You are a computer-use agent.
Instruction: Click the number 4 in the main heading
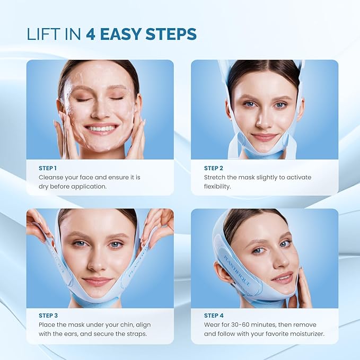tap(90, 34)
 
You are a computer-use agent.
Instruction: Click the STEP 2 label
tap(214, 168)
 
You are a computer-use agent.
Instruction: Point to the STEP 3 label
tap(48, 315)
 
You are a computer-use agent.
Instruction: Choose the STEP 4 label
tap(214, 315)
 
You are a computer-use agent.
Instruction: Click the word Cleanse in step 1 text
tap(52, 178)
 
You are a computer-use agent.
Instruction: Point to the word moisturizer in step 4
tap(304, 334)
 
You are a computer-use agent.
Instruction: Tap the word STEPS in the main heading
tap(168, 34)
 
